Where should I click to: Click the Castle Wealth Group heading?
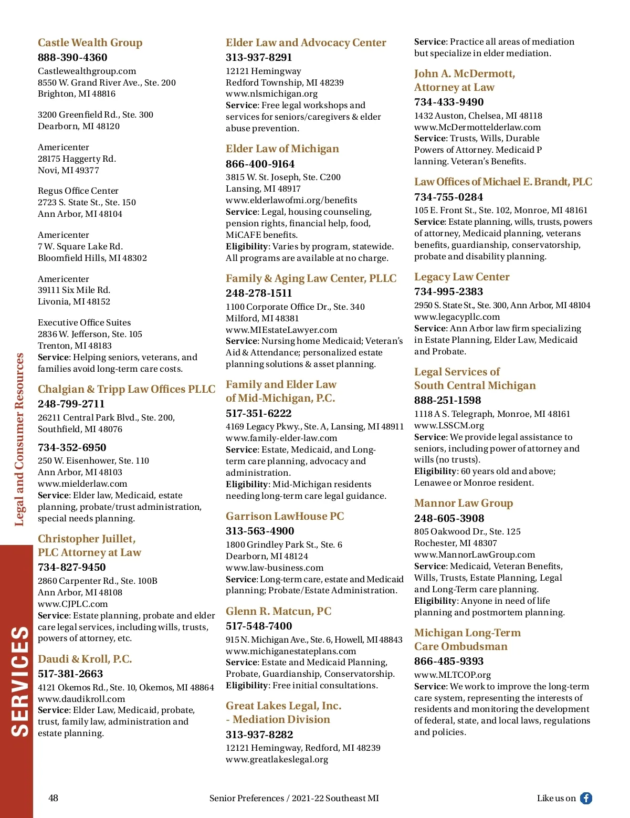pos(90,43)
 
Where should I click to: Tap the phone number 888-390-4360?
pos(72,57)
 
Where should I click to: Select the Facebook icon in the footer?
pos(586,798)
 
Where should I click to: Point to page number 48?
pos(53,798)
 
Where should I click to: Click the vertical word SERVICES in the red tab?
pos(20,681)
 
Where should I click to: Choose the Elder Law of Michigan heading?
pos(282,149)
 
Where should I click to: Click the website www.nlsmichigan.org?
pos(271,94)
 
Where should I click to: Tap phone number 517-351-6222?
pos(258,413)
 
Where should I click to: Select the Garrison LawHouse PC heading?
pos(285,516)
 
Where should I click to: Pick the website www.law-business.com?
pos(275,568)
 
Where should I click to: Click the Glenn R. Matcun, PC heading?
pos(278,611)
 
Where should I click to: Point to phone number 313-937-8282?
pos(259,735)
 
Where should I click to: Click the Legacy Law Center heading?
pos(461,277)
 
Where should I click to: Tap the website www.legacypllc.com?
pos(457,317)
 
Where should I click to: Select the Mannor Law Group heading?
pos(463,503)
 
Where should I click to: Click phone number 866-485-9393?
pos(448,661)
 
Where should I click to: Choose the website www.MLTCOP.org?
pos(452,675)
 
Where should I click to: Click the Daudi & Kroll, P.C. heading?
pos(85,659)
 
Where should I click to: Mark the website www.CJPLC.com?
pos(72,604)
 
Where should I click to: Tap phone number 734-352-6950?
pos(72,447)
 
